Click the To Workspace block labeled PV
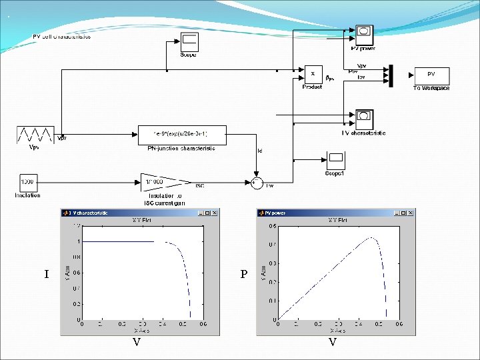(431, 75)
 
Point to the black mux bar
(391, 75)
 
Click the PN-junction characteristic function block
(181, 134)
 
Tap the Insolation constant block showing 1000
(28, 183)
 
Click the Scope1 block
(335, 161)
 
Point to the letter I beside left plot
(46, 274)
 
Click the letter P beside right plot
(243, 274)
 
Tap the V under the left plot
(136, 342)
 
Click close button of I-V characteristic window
(215, 213)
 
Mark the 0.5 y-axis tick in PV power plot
(273, 225)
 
